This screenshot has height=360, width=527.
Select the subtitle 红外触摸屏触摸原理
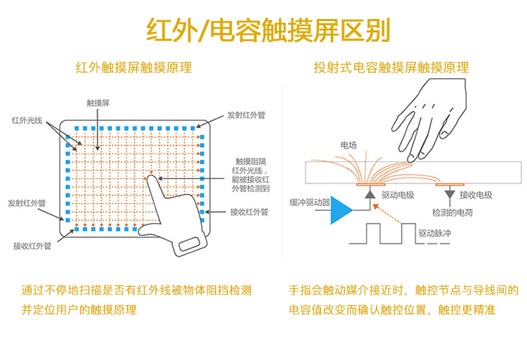pyautogui.click(x=134, y=68)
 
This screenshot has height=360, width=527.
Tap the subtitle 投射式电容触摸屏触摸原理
pyautogui.click(x=391, y=68)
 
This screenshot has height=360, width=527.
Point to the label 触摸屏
pyautogui.click(x=98, y=103)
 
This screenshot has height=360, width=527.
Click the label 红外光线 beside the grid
pyautogui.click(x=27, y=120)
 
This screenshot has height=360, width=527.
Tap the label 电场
pyautogui.click(x=349, y=145)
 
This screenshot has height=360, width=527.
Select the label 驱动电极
pyautogui.click(x=397, y=195)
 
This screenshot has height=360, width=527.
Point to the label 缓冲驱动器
pyautogui.click(x=309, y=202)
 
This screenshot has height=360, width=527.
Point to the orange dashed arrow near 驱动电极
pyautogui.click(x=389, y=214)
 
